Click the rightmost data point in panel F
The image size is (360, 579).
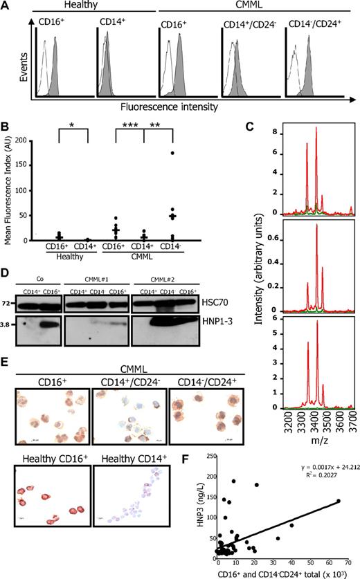coord(339,500)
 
